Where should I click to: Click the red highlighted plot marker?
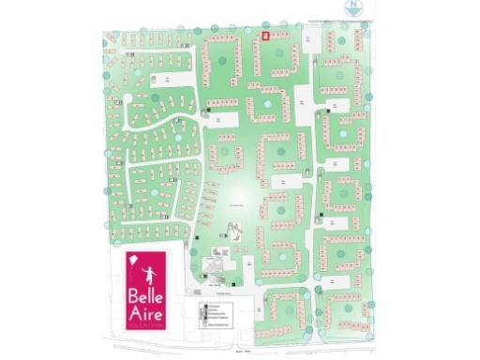tap(264, 36)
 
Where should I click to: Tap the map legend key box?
tap(218, 313)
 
